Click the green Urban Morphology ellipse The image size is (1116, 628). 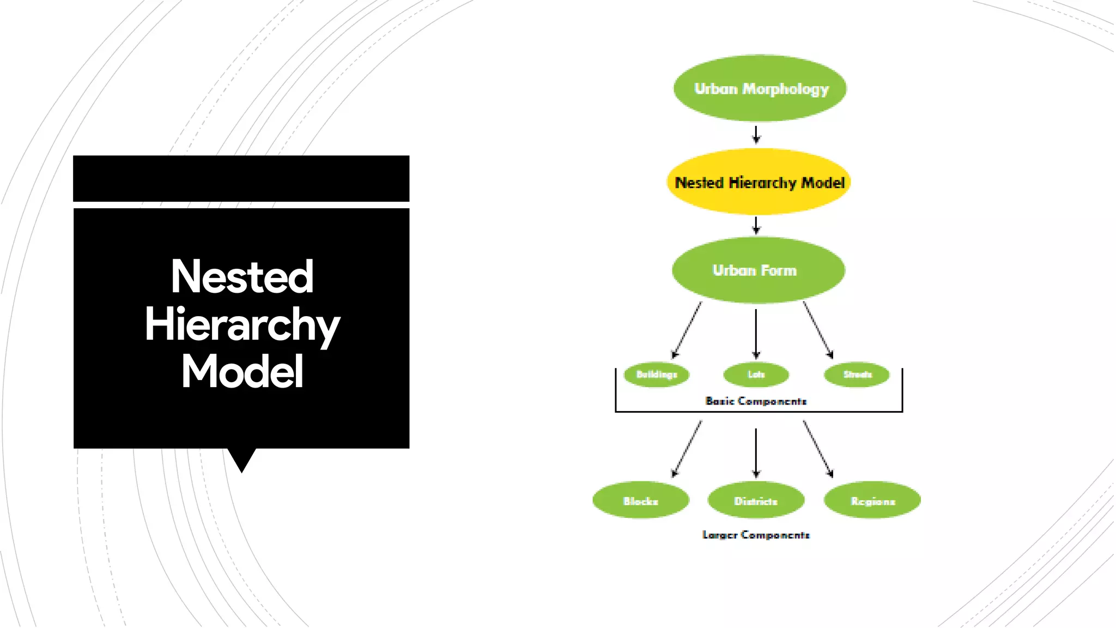point(760,88)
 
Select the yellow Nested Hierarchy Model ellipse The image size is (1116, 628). point(759,182)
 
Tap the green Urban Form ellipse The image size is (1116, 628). point(758,270)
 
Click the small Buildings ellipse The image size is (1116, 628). point(657,375)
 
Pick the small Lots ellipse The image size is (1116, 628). point(756,375)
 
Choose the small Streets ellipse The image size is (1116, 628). point(857,375)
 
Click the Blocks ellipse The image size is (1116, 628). point(641,500)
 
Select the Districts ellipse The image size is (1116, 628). point(756,500)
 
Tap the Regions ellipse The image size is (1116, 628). point(872,500)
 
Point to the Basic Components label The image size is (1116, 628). point(756,401)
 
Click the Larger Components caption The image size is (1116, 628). point(756,535)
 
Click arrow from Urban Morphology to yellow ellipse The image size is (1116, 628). point(756,134)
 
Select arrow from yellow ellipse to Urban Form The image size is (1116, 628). point(756,225)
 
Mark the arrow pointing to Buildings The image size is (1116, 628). point(687,330)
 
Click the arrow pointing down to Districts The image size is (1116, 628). point(756,452)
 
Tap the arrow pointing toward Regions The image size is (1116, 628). point(818,449)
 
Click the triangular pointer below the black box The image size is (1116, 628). point(241,458)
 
